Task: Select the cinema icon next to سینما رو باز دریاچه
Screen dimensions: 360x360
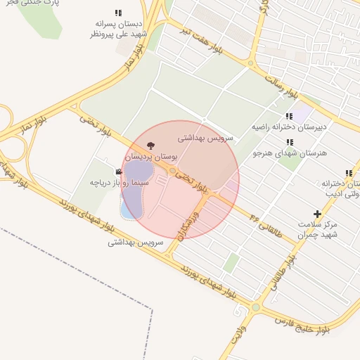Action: tap(118, 172)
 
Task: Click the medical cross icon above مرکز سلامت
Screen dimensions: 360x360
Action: tap(317, 214)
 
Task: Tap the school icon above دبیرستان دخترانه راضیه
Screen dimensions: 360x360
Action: tap(289, 116)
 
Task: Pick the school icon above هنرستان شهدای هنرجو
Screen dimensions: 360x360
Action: tap(290, 141)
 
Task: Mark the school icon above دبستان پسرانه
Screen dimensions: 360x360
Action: tap(118, 13)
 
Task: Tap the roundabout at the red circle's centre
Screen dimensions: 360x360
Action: tap(172, 171)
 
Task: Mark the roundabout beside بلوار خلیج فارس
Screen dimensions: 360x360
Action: tap(256, 307)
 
